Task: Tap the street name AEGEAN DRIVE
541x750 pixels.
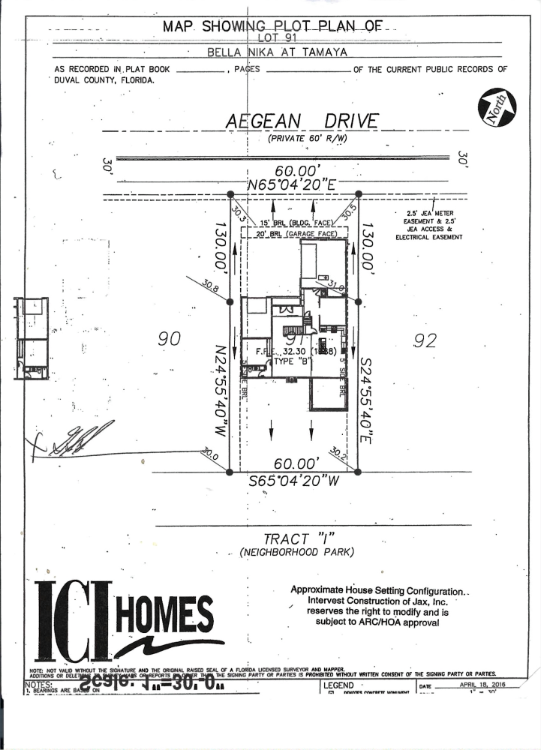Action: point(302,121)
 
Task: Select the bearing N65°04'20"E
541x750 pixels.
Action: point(298,184)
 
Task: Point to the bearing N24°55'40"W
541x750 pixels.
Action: point(220,392)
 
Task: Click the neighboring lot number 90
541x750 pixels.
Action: point(170,340)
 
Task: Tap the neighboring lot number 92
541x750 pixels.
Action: point(425,341)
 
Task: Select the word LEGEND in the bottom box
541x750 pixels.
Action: point(338,685)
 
